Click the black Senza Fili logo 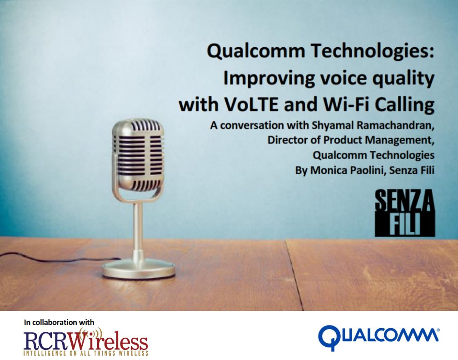(x=404, y=213)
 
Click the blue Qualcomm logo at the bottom (x=378, y=337)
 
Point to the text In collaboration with (x=59, y=322)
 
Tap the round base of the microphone (x=139, y=269)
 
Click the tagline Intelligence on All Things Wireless (x=86, y=353)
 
